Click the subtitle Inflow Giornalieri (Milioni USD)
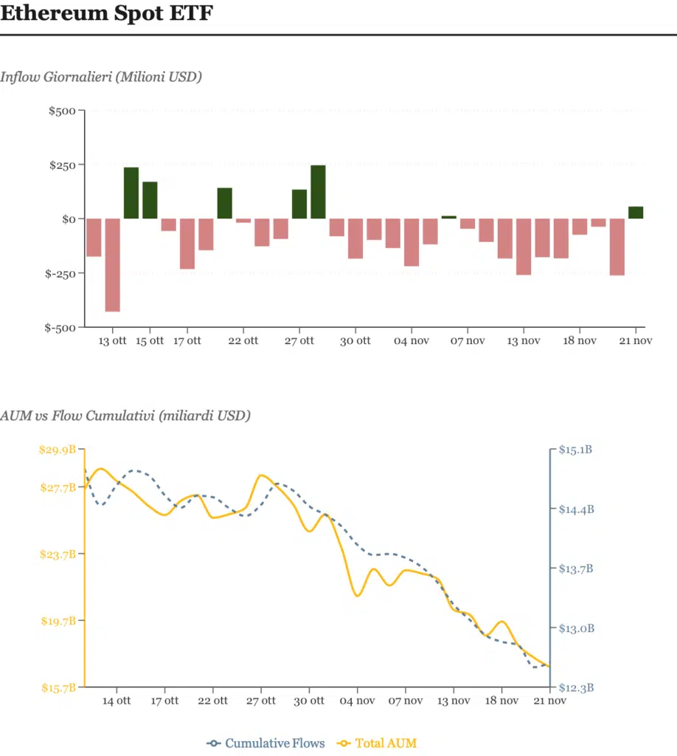(101, 76)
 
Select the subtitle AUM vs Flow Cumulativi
(125, 416)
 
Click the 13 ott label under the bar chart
(113, 341)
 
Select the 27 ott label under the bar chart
(299, 341)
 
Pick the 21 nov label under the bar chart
(635, 341)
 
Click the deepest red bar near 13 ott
(113, 265)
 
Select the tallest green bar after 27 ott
(318, 192)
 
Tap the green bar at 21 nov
(636, 213)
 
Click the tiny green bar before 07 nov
(449, 217)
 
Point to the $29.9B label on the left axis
(58, 450)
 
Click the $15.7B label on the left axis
(58, 688)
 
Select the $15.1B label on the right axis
(576, 450)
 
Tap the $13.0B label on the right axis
(576, 628)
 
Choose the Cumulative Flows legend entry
(266, 743)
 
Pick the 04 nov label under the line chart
(357, 701)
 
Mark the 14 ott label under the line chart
(117, 701)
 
